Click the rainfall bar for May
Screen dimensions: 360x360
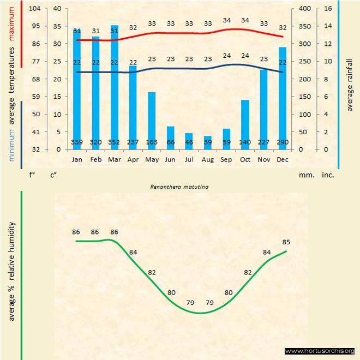pos(152,121)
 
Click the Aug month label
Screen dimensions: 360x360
pos(208,159)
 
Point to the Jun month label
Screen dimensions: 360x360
pos(170,159)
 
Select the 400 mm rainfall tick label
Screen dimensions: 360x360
pos(304,8)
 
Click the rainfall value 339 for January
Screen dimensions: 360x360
pos(77,143)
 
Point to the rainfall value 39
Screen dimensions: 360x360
pos(208,143)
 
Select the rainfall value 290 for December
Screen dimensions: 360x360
pos(283,143)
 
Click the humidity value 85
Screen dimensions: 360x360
pos(286,242)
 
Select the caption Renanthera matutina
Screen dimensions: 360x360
pos(180,187)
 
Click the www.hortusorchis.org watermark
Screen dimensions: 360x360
pos(320,351)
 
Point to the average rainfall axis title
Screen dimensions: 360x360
pos(350,84)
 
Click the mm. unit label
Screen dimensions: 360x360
pos(305,176)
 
